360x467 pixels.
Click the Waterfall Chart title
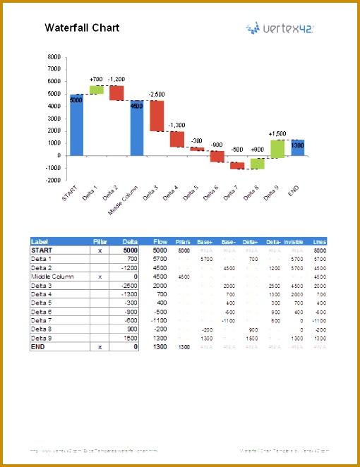(82, 28)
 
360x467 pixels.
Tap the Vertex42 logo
(280, 28)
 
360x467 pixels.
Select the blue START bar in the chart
(76, 124)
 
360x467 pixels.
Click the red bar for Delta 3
(157, 116)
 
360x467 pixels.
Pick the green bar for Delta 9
(277, 148)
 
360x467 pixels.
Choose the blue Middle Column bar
(136, 128)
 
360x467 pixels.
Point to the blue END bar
(298, 147)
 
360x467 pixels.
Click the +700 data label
(96, 79)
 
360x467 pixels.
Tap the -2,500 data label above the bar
(157, 94)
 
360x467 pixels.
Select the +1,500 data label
(277, 133)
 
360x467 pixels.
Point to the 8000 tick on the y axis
(54, 56)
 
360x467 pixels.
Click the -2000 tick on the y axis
(52, 180)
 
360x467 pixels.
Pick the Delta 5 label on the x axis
(191, 193)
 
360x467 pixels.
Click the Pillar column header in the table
(100, 242)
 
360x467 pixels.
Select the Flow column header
(160, 242)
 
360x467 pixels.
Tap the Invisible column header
(293, 242)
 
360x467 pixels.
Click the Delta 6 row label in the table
(42, 312)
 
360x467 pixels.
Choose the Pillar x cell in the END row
(100, 347)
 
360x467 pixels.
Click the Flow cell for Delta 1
(160, 260)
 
